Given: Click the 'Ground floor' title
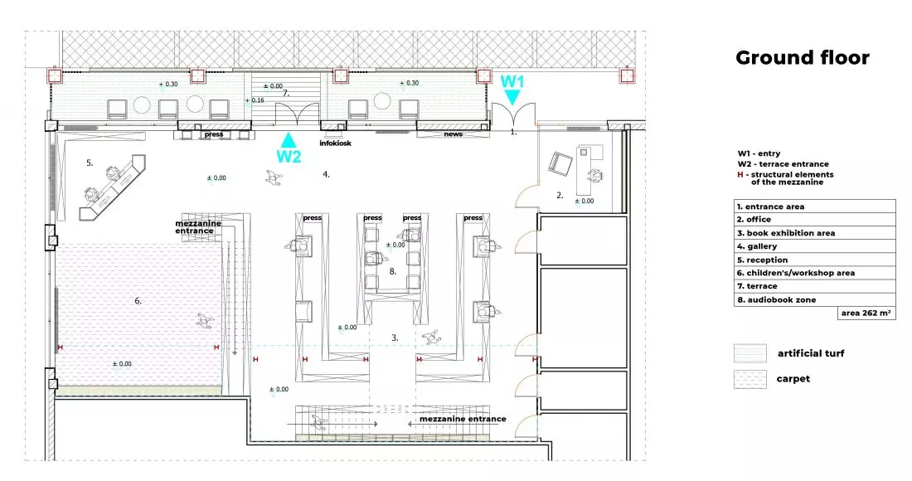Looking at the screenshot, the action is click(802, 57).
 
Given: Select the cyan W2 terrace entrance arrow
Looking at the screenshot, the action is click(288, 140).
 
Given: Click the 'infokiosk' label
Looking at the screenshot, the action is click(336, 143).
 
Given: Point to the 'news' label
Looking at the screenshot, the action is click(453, 134).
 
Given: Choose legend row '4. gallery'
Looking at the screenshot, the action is click(814, 246).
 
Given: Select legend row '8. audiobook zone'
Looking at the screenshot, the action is click(814, 299).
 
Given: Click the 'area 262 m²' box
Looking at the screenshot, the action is click(866, 313).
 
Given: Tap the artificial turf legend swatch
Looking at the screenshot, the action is click(750, 353).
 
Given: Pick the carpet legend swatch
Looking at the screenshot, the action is click(750, 379).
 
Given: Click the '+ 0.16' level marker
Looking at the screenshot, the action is click(255, 100).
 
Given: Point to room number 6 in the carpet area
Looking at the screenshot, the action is click(138, 301).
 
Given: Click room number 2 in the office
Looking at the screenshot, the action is click(560, 196).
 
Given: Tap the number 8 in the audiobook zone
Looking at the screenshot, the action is click(393, 271).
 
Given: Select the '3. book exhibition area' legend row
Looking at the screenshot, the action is click(814, 233).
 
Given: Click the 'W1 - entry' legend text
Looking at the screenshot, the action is click(759, 153).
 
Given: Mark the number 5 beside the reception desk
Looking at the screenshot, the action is click(90, 163).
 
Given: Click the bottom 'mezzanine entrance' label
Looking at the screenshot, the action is click(463, 419).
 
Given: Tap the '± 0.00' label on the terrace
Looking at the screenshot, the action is click(273, 86).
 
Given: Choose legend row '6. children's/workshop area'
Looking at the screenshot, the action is click(814, 273).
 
